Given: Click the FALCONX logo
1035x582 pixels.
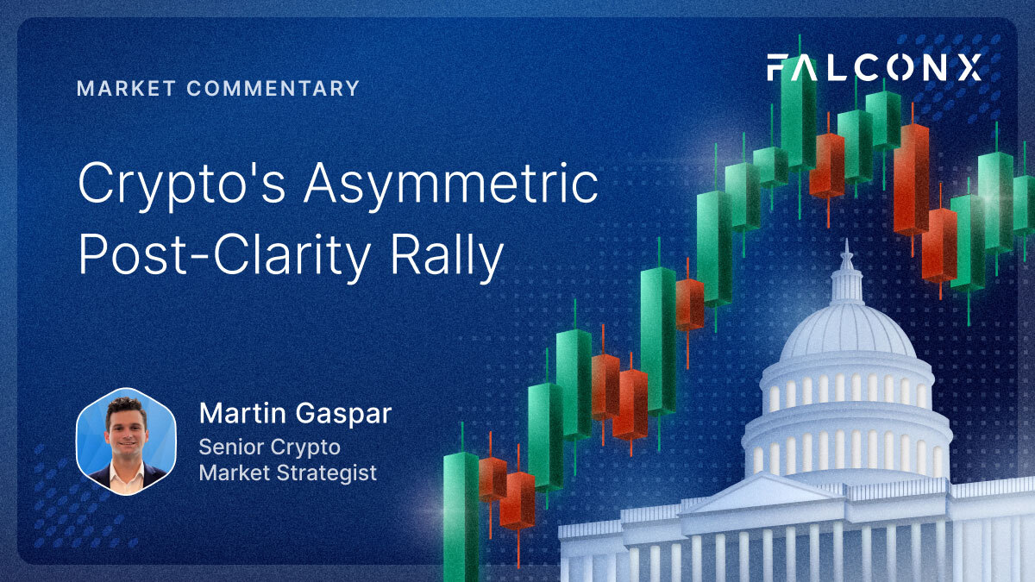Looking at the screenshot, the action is [875, 67].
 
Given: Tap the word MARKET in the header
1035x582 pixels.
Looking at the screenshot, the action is [126, 88].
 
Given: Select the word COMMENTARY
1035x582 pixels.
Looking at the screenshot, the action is [273, 88].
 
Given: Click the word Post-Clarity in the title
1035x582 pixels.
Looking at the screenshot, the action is [224, 256].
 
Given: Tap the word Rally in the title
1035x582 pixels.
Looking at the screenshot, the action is [447, 256].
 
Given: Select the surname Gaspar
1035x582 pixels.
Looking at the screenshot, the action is [344, 415].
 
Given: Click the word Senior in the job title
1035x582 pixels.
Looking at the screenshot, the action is [230, 447].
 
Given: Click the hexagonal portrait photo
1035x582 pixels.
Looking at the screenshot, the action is [126, 441].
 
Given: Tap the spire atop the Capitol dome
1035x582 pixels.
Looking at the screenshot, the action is [846, 254].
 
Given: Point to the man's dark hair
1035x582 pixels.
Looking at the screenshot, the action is [126, 407].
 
